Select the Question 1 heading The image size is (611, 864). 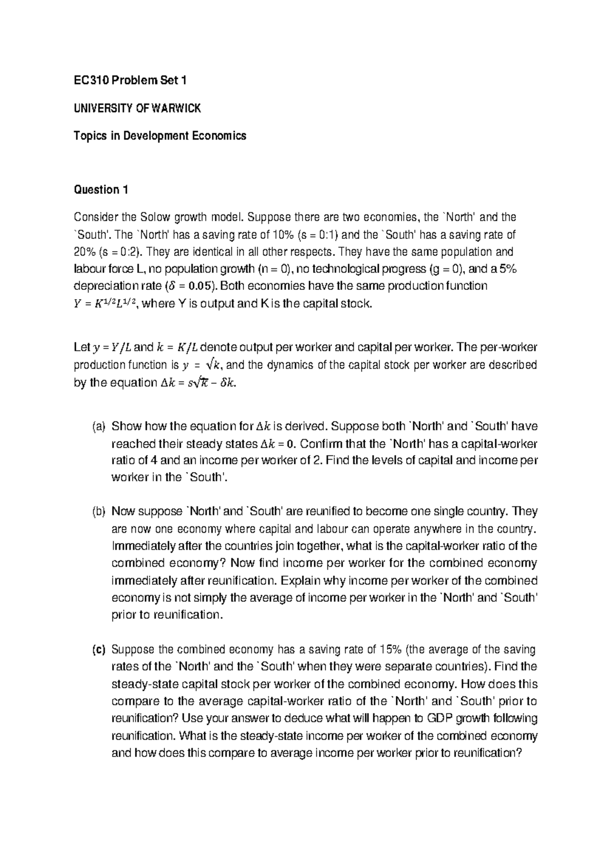pos(101,190)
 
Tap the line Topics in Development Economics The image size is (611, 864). pos(160,136)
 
